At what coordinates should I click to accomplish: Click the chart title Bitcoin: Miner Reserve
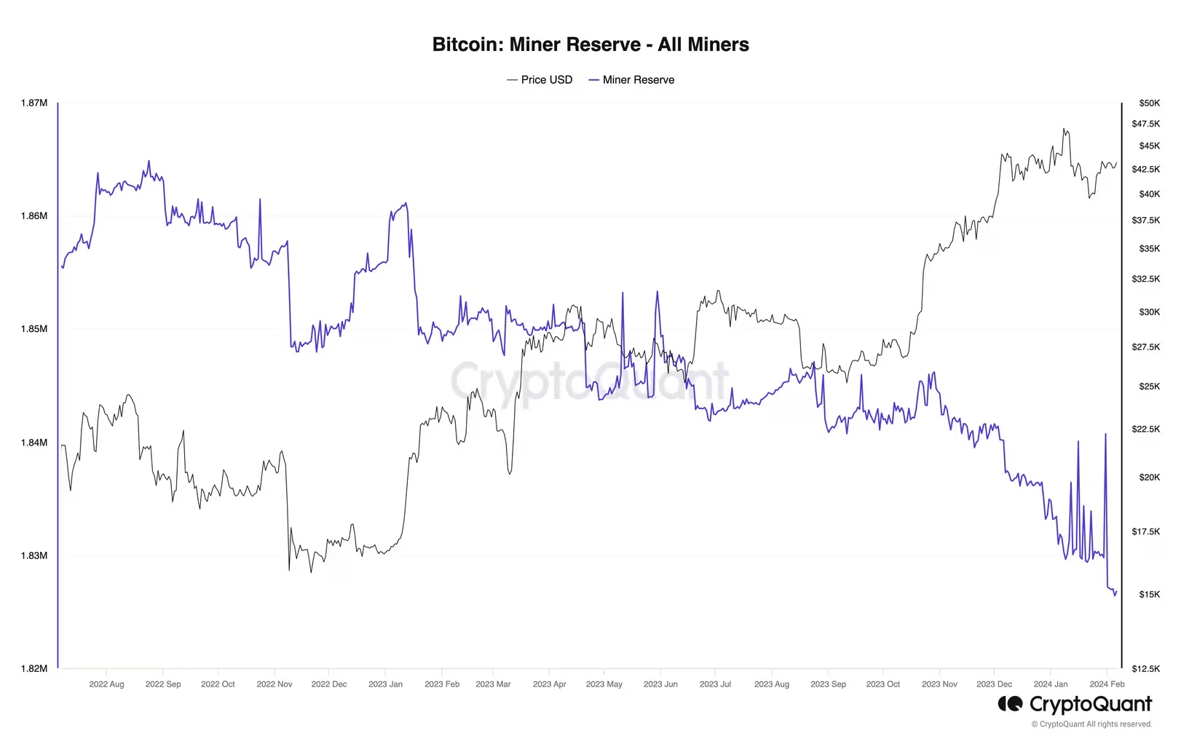tap(590, 44)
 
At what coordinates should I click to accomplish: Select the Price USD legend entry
tap(540, 80)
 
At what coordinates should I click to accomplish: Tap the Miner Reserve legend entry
tap(632, 80)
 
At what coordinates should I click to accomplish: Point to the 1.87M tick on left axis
tap(34, 103)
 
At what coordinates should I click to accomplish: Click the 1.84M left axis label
tap(34, 443)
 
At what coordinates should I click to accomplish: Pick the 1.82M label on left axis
tap(34, 668)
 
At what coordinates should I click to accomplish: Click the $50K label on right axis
tap(1149, 103)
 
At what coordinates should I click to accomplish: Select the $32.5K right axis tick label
tap(1145, 279)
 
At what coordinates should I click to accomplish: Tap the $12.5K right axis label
tap(1145, 668)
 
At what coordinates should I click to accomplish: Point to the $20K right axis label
tap(1149, 478)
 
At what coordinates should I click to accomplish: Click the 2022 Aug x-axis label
tap(106, 684)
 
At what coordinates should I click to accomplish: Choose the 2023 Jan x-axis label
tap(385, 684)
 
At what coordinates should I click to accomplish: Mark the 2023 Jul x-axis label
tap(715, 684)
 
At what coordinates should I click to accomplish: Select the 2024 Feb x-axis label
tap(1107, 684)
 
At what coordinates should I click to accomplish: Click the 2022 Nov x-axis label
tap(274, 684)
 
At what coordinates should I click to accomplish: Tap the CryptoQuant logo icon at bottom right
tap(1011, 704)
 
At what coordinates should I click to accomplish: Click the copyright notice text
tap(1091, 724)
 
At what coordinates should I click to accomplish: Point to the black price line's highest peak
tap(1064, 129)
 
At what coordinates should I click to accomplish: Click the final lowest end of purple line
tap(1114, 595)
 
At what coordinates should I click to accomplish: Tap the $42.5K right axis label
tap(1145, 169)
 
